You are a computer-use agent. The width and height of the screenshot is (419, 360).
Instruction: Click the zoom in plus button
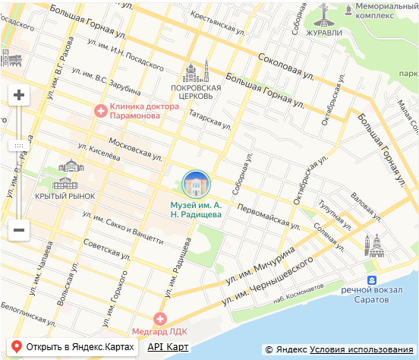(x=19, y=96)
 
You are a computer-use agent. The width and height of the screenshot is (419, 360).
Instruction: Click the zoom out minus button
(x=19, y=229)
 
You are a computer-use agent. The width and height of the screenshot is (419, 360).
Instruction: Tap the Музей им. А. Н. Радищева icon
(x=197, y=185)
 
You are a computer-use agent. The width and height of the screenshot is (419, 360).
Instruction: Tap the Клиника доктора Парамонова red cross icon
(x=100, y=111)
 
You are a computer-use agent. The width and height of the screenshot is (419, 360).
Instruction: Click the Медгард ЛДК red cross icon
(x=159, y=320)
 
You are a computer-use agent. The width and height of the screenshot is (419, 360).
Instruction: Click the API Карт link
(x=168, y=347)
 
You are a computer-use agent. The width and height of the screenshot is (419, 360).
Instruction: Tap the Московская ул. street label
(x=136, y=144)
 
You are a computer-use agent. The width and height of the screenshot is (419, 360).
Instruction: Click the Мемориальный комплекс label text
(x=383, y=11)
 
